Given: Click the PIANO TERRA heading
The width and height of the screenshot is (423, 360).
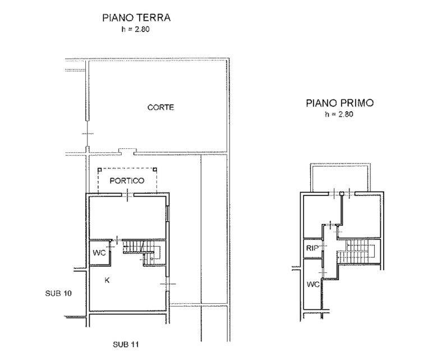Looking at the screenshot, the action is (136, 17).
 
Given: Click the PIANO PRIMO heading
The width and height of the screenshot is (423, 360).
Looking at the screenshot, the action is (339, 103).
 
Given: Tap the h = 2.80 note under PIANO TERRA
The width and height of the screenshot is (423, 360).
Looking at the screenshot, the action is (135, 29).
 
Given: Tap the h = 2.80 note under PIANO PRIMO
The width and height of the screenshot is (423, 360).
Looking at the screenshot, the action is (339, 114).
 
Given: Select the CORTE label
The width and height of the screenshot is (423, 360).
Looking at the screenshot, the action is (161, 107).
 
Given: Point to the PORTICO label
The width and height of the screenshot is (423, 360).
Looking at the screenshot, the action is (127, 181).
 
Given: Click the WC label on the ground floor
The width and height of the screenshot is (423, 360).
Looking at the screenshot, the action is (99, 253).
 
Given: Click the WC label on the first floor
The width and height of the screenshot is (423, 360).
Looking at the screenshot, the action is (313, 284).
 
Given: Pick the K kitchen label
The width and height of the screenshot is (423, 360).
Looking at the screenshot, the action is (107, 280).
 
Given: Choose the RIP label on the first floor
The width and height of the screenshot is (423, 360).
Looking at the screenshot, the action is (312, 248).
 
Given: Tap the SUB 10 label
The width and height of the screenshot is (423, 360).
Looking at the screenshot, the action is (58, 293).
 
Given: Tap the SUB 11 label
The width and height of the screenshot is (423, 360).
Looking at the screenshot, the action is (126, 344).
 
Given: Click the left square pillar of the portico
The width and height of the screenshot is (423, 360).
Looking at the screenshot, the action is (99, 170).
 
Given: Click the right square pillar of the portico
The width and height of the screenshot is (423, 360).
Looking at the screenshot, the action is (155, 170).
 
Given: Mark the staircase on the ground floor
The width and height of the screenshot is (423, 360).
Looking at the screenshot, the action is (141, 252).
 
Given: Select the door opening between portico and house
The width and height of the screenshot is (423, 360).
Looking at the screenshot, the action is (127, 194).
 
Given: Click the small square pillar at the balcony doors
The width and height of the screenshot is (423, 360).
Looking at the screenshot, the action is (342, 193).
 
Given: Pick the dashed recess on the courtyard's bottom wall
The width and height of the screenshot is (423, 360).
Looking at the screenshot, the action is (127, 151).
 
